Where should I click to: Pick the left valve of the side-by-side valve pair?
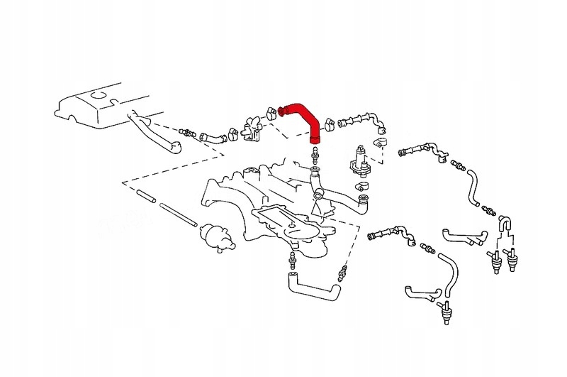(494, 263)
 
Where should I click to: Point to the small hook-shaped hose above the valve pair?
(505, 221)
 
